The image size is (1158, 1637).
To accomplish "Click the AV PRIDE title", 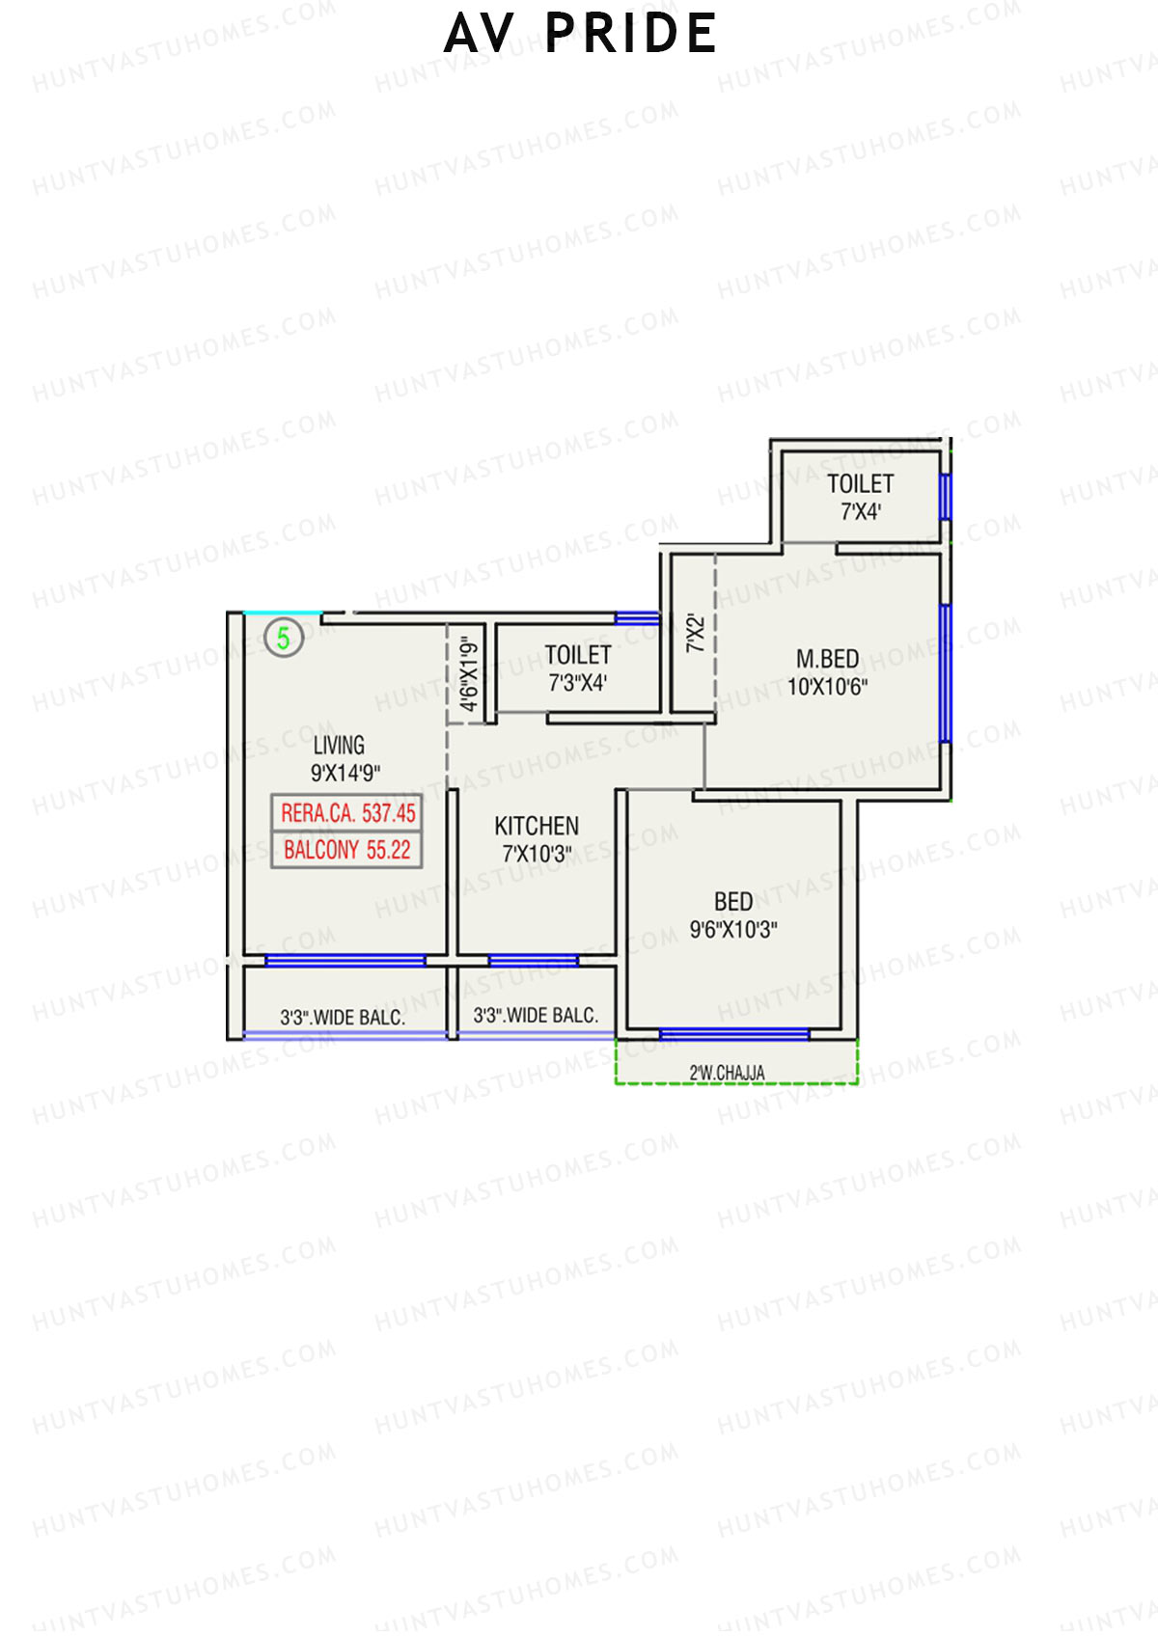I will tap(580, 34).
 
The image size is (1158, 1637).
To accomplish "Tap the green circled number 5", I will tap(284, 638).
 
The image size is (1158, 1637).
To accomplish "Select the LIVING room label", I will tap(339, 745).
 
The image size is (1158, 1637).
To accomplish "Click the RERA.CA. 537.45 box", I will tap(347, 813).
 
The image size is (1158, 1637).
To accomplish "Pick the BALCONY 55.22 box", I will tap(347, 850).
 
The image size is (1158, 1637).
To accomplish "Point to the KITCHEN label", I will tap(537, 826).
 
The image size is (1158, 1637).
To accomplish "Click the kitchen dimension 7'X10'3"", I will tap(537, 854).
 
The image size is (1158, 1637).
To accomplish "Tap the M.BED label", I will tap(827, 659).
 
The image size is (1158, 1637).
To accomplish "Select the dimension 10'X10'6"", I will tap(827, 687).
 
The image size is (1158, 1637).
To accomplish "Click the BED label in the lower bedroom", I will tap(733, 901).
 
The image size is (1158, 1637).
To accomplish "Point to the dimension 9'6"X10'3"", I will tap(733, 930).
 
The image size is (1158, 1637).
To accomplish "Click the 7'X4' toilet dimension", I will tap(861, 512).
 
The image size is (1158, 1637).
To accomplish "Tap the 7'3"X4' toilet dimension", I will tap(577, 683).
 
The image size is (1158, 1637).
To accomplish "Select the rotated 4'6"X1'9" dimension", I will tap(469, 673).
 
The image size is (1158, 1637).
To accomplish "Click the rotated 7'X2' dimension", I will tap(695, 634).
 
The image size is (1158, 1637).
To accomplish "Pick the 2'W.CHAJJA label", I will tap(727, 1073).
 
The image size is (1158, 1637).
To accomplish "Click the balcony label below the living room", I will tap(343, 1017).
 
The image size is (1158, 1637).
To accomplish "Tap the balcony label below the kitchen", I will tap(536, 1015).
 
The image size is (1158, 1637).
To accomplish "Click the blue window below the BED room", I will tap(733, 1034).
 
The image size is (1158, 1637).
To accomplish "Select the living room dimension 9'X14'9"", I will tap(345, 773).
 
